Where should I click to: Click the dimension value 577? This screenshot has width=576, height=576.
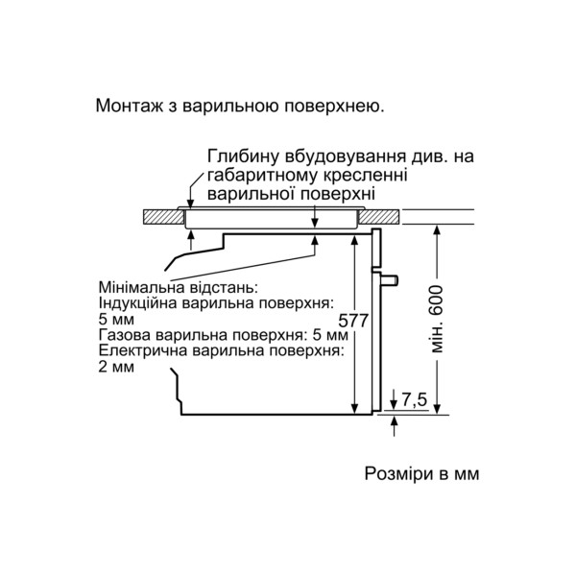click(353, 321)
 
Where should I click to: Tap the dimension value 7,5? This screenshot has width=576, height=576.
click(415, 400)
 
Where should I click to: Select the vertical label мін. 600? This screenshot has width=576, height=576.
click(437, 320)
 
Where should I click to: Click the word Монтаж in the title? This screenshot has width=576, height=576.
click(129, 106)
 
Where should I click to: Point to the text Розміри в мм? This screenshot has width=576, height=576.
click(421, 473)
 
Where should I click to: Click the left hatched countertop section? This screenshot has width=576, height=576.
click(163, 217)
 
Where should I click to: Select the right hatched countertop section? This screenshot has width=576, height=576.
click(379, 217)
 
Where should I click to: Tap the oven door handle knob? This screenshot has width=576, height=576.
click(390, 280)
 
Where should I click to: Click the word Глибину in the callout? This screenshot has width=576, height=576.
click(243, 156)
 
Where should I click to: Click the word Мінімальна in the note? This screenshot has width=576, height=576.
click(141, 287)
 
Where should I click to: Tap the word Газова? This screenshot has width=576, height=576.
click(125, 335)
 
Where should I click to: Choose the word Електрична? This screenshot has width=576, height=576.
click(142, 350)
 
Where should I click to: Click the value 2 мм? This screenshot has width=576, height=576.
click(116, 367)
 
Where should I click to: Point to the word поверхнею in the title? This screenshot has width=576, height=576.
click(335, 106)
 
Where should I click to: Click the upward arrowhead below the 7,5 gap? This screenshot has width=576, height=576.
click(395, 420)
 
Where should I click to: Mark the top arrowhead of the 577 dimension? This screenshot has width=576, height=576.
click(354, 240)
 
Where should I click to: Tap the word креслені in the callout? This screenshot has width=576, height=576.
click(365, 176)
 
